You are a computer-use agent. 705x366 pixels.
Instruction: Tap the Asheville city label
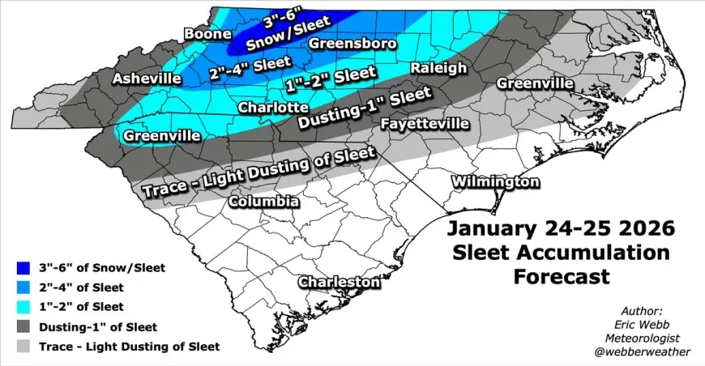pyautogui.click(x=147, y=79)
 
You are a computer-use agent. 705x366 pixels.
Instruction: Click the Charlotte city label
pyautogui.click(x=272, y=107)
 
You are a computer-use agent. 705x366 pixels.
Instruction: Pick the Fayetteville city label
pyautogui.click(x=425, y=124)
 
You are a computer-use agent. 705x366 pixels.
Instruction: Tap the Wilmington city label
pyautogui.click(x=494, y=181)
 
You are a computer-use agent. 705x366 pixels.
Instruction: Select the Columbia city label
pyautogui.click(x=263, y=201)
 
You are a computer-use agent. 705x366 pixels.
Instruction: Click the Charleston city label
pyautogui.click(x=339, y=282)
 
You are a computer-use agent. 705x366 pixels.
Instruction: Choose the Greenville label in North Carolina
pyautogui.click(x=535, y=83)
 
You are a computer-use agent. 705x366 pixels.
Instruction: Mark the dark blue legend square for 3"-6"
pyautogui.click(x=24, y=268)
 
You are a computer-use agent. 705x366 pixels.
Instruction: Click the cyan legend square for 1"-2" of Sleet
pyautogui.click(x=24, y=307)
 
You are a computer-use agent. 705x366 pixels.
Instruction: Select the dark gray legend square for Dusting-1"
pyautogui.click(x=24, y=327)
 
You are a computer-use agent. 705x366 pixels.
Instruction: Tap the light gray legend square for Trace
pyautogui.click(x=24, y=347)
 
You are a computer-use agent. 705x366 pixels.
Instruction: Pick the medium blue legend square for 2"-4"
pyautogui.click(x=24, y=287)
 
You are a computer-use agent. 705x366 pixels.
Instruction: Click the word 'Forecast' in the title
pyautogui.click(x=562, y=277)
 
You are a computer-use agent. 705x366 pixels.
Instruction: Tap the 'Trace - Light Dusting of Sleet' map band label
pyautogui.click(x=258, y=171)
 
